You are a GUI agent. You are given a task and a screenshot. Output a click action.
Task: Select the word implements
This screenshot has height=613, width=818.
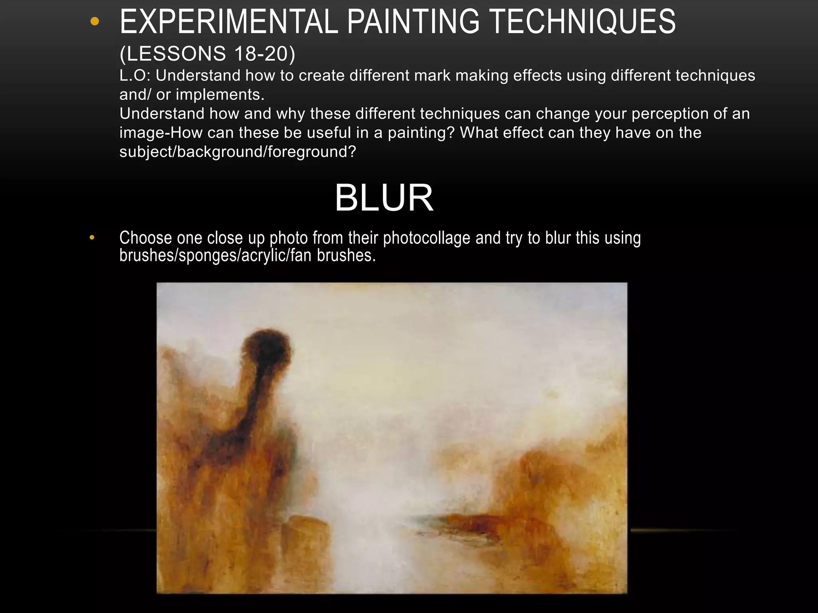point(220,95)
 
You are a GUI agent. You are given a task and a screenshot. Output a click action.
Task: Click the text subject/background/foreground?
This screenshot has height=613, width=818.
point(238,152)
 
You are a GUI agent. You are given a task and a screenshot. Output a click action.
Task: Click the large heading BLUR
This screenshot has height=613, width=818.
point(384,198)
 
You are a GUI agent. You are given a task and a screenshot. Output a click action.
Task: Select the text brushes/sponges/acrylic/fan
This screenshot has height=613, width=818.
point(215,255)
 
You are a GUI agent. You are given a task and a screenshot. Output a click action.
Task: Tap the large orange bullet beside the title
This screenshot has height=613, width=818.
point(95,22)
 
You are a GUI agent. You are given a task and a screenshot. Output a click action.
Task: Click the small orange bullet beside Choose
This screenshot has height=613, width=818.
point(92,238)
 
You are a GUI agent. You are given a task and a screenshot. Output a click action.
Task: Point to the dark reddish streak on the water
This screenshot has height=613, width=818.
point(471,520)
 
